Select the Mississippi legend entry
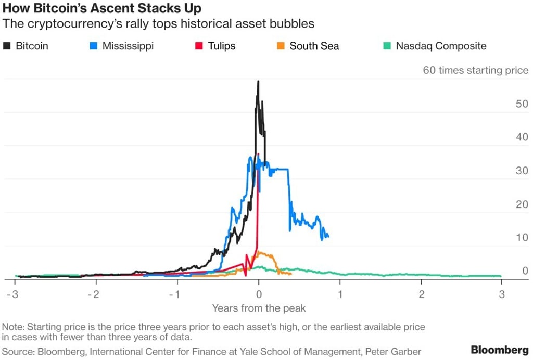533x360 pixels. coord(122,46)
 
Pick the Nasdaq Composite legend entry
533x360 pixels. coord(435,46)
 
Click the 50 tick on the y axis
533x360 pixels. coord(521,104)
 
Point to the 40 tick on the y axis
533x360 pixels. coord(521,137)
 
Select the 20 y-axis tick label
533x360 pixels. coord(521,204)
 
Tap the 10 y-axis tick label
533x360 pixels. coord(521,238)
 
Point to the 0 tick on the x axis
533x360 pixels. coord(259,294)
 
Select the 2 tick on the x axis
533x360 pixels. coord(422,294)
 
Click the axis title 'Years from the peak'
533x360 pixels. coord(259,308)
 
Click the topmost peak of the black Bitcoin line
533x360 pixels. coord(258,81)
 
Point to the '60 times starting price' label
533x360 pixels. coord(475,70)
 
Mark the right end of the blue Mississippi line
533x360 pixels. coord(328,237)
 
